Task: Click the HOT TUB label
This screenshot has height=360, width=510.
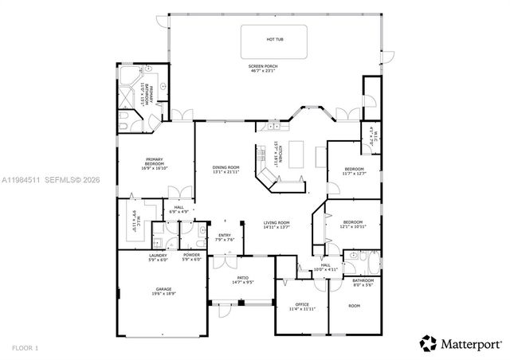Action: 275,38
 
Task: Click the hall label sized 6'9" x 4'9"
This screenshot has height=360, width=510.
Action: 180,209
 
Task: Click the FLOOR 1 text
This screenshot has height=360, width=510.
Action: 26,347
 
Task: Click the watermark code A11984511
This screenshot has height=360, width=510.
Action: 23,180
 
